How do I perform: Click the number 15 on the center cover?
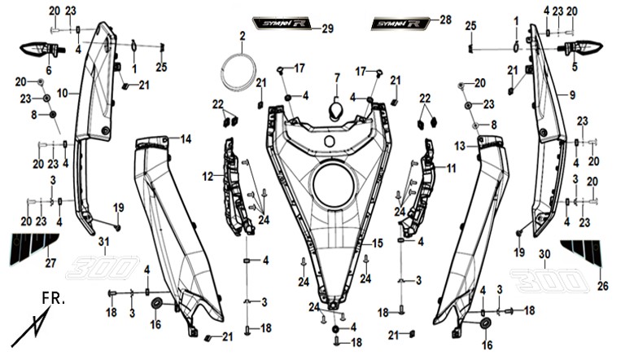(378, 243)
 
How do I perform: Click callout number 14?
(186, 139)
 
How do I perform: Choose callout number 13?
(459, 145)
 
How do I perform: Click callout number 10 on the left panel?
(63, 94)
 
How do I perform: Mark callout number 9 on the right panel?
(571, 95)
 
